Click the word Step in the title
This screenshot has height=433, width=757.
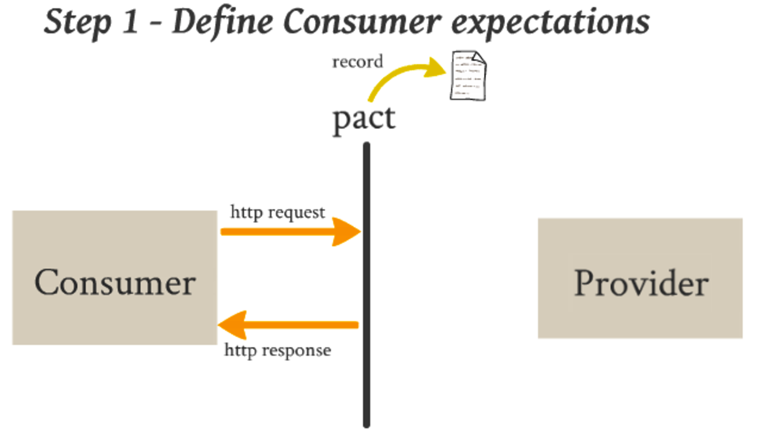(x=76, y=22)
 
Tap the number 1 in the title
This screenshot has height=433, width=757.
(x=132, y=22)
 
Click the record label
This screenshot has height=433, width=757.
(x=357, y=61)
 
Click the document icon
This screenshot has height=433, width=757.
(x=467, y=76)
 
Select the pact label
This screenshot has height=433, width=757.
(x=363, y=118)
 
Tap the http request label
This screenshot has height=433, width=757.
(x=278, y=212)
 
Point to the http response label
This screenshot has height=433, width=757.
(x=277, y=350)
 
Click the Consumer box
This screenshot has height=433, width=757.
(x=114, y=278)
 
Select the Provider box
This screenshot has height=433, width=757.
(x=640, y=278)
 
